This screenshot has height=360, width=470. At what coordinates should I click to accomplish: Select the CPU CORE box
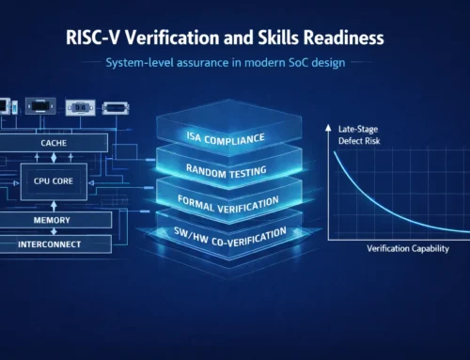point(54,179)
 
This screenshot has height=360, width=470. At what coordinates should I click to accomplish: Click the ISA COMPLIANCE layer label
point(227,138)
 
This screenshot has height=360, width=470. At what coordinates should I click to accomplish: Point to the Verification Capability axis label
point(404,249)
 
